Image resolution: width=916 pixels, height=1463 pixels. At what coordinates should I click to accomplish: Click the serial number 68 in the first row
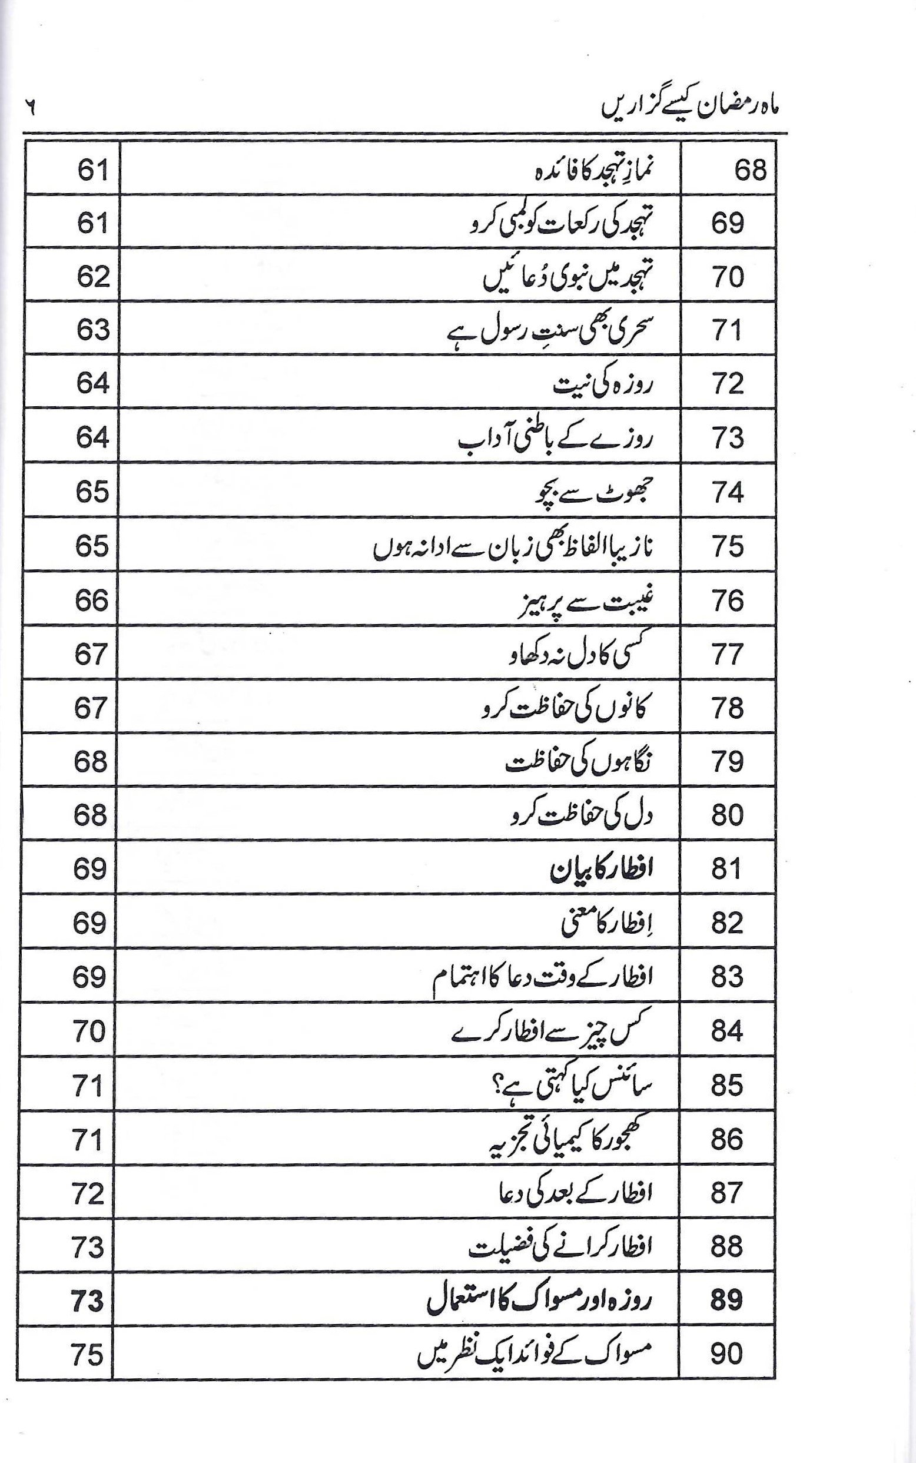pos(750,171)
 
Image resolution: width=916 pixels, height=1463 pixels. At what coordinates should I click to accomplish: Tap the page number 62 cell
pos(92,278)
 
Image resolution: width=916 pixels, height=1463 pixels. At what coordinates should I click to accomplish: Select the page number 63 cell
pos(92,331)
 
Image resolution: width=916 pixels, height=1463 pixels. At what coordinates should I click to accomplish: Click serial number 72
pos(728,385)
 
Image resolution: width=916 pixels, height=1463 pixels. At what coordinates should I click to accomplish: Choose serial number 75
pos(728,547)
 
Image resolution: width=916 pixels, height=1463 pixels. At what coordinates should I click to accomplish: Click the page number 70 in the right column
pos(89,1031)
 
